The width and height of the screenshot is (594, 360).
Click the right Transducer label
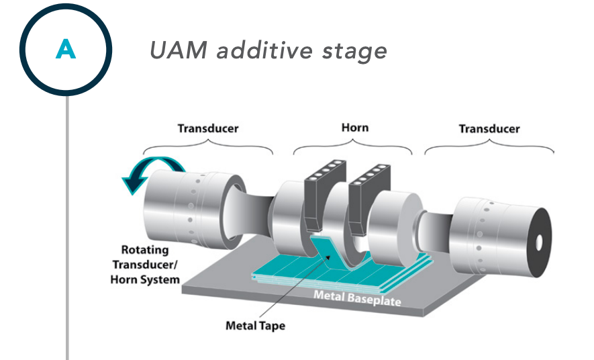[x=489, y=128]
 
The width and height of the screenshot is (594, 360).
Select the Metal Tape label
[x=254, y=326]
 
